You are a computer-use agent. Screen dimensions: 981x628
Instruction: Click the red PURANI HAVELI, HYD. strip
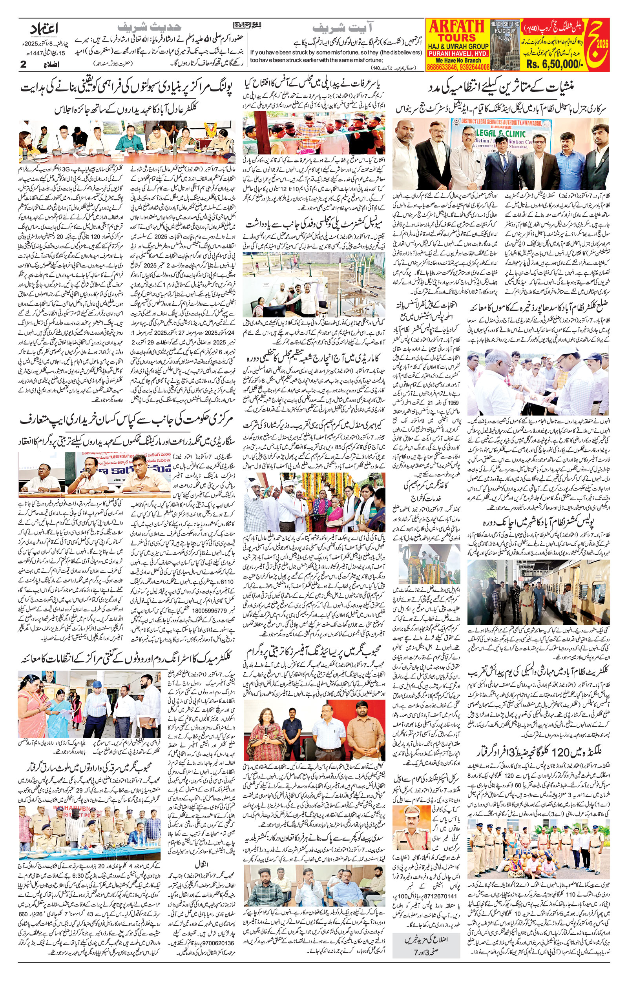click(x=458, y=54)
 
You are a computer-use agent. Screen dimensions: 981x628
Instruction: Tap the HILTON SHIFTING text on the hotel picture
click(x=505, y=24)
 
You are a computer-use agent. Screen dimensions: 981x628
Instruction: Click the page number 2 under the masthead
click(x=23, y=64)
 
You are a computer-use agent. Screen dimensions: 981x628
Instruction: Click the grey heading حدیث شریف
click(x=149, y=27)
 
